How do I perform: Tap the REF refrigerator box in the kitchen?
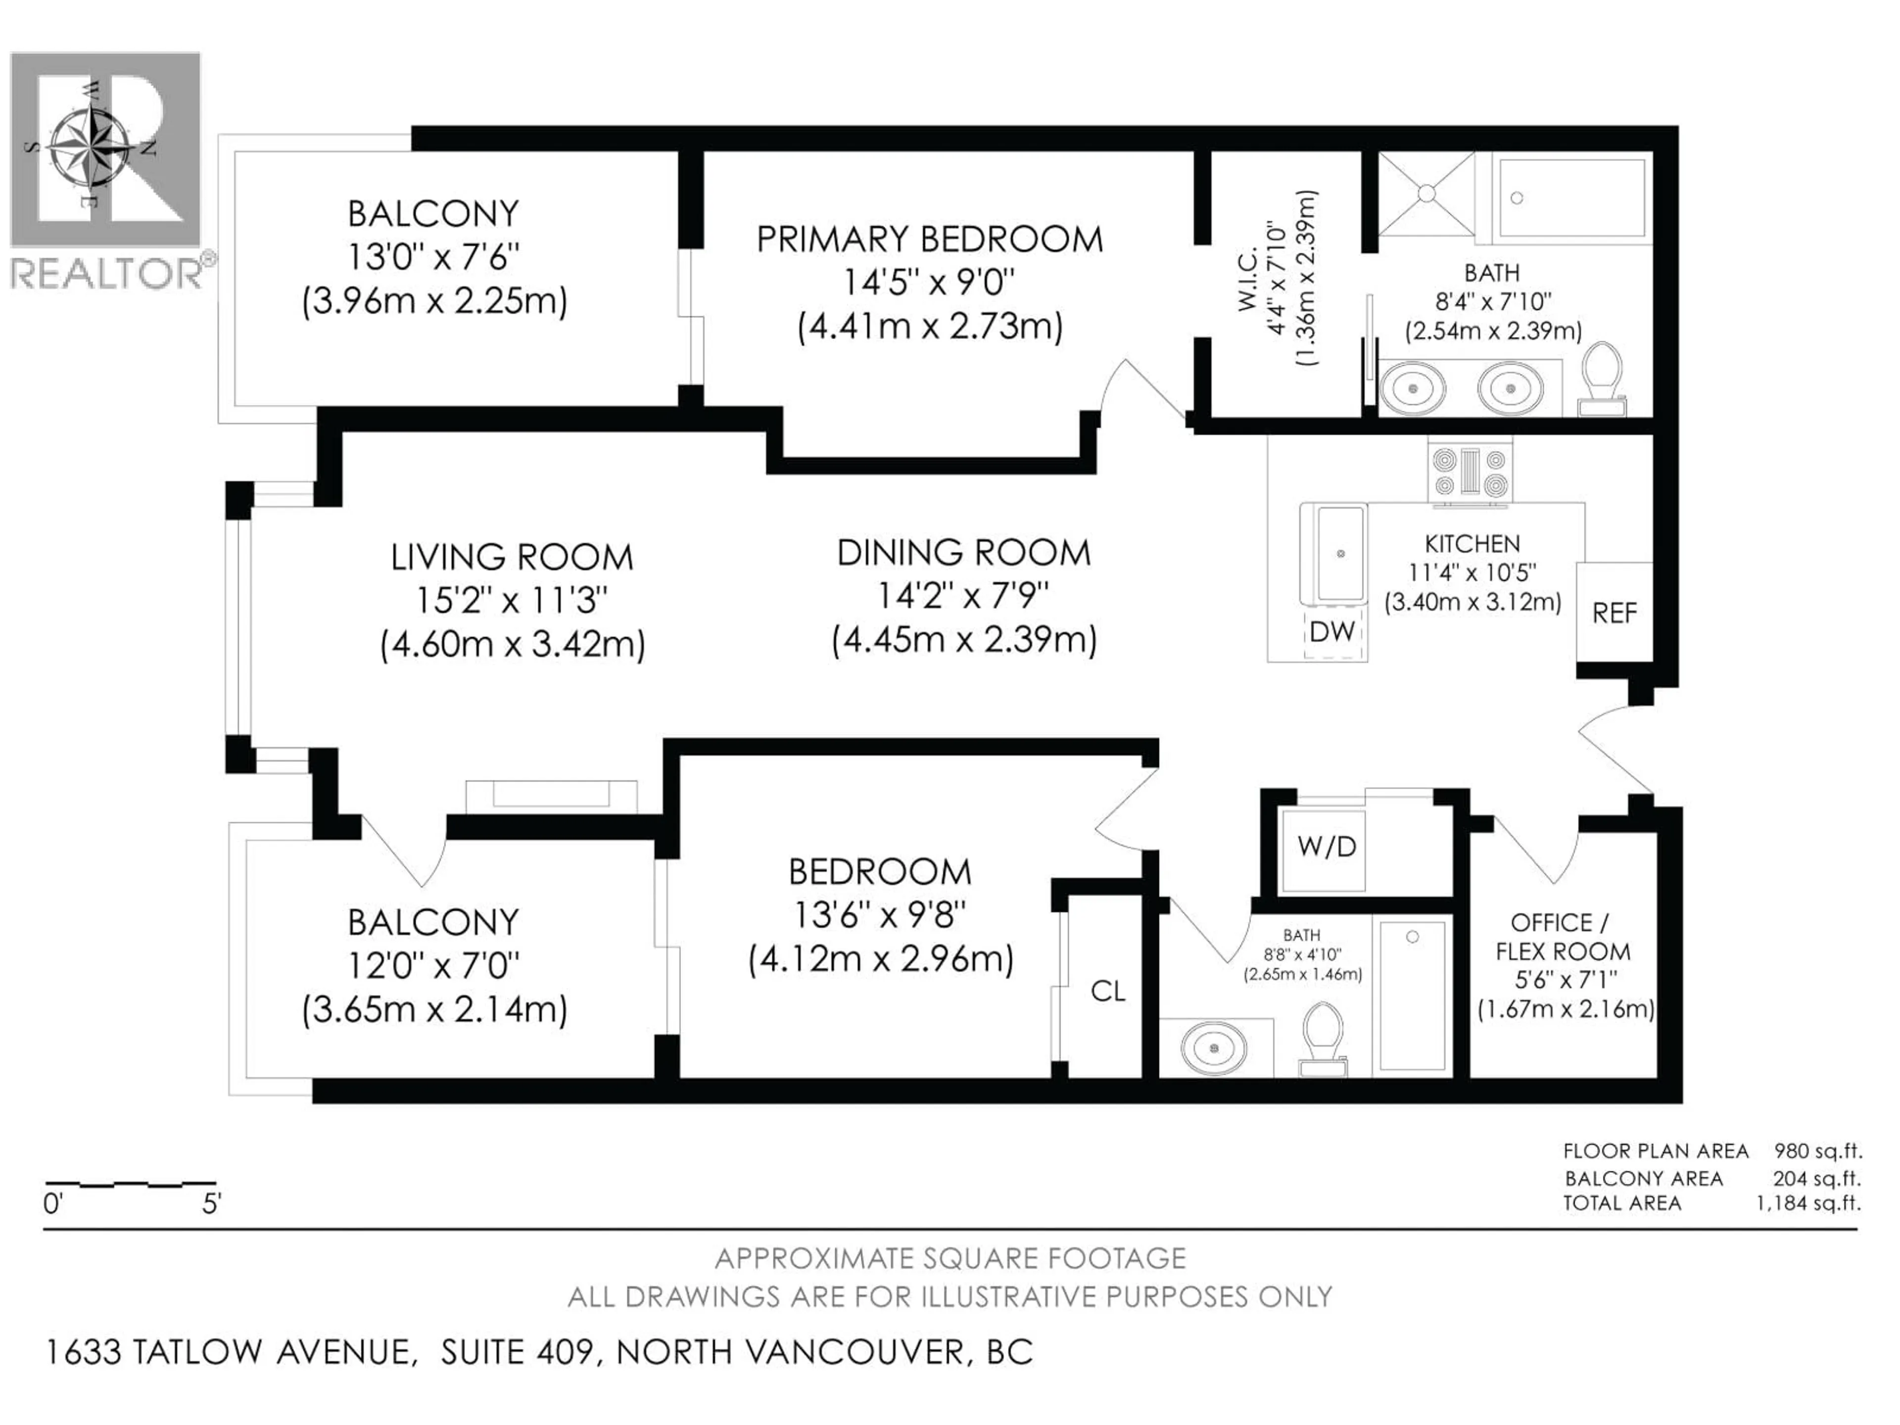tap(1614, 613)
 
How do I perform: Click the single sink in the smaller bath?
tap(1213, 1048)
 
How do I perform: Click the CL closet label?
tap(1107, 991)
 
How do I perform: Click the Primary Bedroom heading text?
tap(929, 239)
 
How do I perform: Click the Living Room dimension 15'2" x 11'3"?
tap(512, 600)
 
